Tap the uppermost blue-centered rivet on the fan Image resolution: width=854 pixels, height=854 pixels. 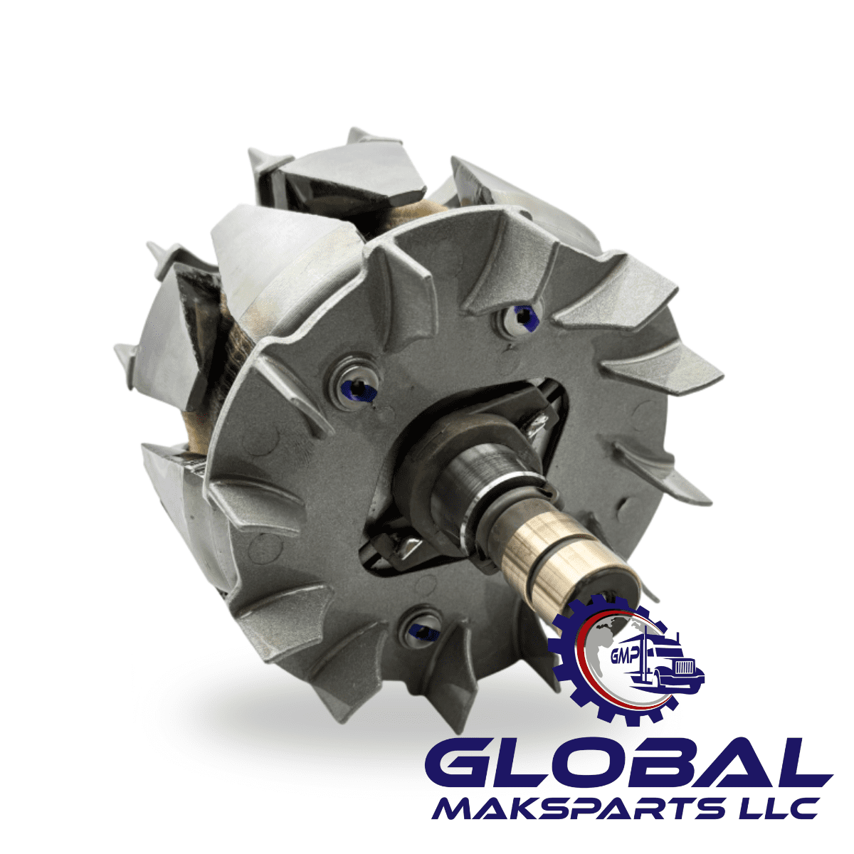click(x=524, y=315)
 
